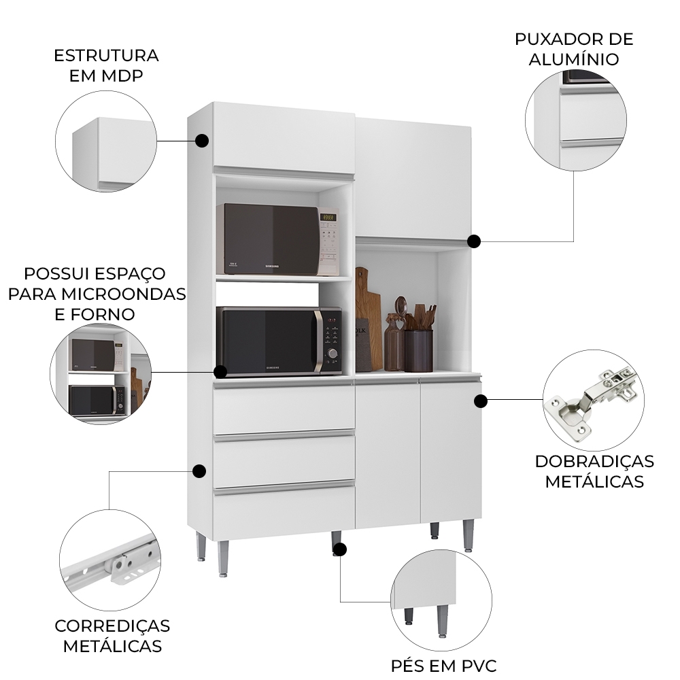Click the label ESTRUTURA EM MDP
point(106,65)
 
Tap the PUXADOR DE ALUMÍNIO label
point(574,48)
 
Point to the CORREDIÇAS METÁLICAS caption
point(112,635)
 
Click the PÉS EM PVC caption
point(443,665)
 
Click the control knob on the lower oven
point(333,353)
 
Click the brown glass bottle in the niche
point(394,343)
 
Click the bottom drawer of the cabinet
point(284,511)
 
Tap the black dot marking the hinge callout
point(480,401)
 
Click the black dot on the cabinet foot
point(340,549)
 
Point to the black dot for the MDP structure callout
point(201,141)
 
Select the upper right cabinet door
point(413,178)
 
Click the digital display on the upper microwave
point(328,218)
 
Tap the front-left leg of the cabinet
point(222,558)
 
